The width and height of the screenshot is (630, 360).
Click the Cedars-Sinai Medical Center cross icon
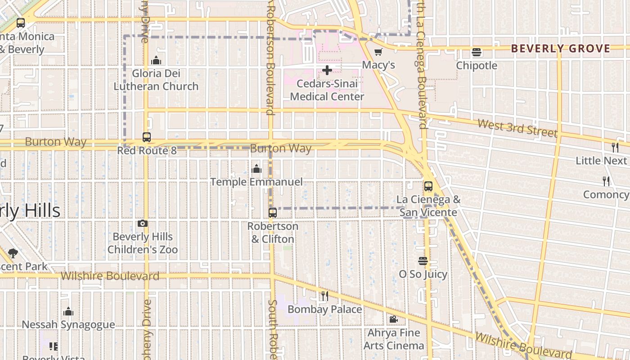pos(327,70)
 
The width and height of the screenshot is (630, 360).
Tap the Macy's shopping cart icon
pos(378,52)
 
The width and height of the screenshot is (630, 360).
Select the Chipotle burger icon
pos(477,52)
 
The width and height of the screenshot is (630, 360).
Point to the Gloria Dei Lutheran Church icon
pos(156,60)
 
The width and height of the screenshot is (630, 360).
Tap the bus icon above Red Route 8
pos(147,137)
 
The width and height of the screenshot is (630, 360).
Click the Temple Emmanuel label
pos(256,182)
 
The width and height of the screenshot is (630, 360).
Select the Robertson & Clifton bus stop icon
pos(273,213)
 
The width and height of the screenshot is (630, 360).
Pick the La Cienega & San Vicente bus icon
pos(428,186)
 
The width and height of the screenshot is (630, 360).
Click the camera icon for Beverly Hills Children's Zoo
pos(142,223)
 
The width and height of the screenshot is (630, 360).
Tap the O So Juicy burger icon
pos(423,261)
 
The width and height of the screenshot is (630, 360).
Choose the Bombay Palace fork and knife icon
pos(324,296)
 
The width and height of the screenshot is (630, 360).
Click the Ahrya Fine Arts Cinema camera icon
pos(393,319)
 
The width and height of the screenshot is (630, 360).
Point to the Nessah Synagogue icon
pos(68,311)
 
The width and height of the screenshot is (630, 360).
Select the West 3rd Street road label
pos(517,127)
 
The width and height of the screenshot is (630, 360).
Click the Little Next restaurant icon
pos(615,147)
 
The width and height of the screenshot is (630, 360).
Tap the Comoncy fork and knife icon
pos(606,181)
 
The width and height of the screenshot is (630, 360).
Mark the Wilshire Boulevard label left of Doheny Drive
pos(110,276)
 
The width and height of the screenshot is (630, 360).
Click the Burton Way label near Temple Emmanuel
pos(280,148)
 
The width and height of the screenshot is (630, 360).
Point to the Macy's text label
pos(378,65)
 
